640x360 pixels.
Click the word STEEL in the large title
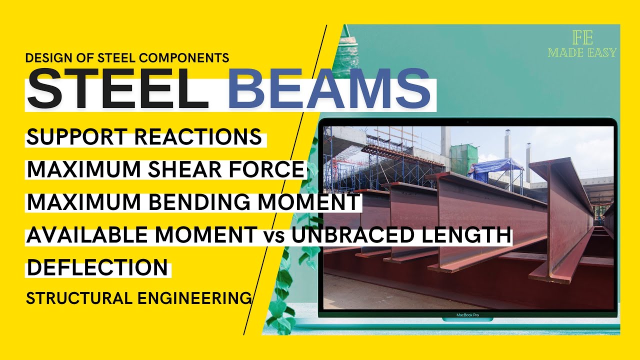click(117, 89)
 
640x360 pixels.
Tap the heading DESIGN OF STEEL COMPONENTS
click(127, 57)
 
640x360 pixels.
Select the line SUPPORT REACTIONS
click(144, 137)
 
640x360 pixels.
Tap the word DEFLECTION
click(97, 267)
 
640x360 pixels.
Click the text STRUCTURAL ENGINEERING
click(138, 298)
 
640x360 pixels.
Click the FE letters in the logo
click(582, 38)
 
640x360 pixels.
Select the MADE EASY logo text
click(582, 52)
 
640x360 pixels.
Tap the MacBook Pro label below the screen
click(467, 315)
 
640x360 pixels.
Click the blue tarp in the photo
click(495, 167)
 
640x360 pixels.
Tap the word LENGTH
click(472, 235)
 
